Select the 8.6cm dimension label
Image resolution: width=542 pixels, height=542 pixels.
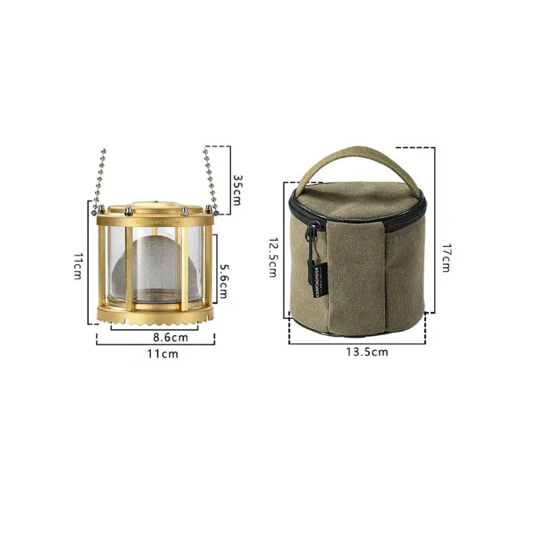(170, 338)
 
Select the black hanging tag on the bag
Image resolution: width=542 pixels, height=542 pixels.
(318, 273)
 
